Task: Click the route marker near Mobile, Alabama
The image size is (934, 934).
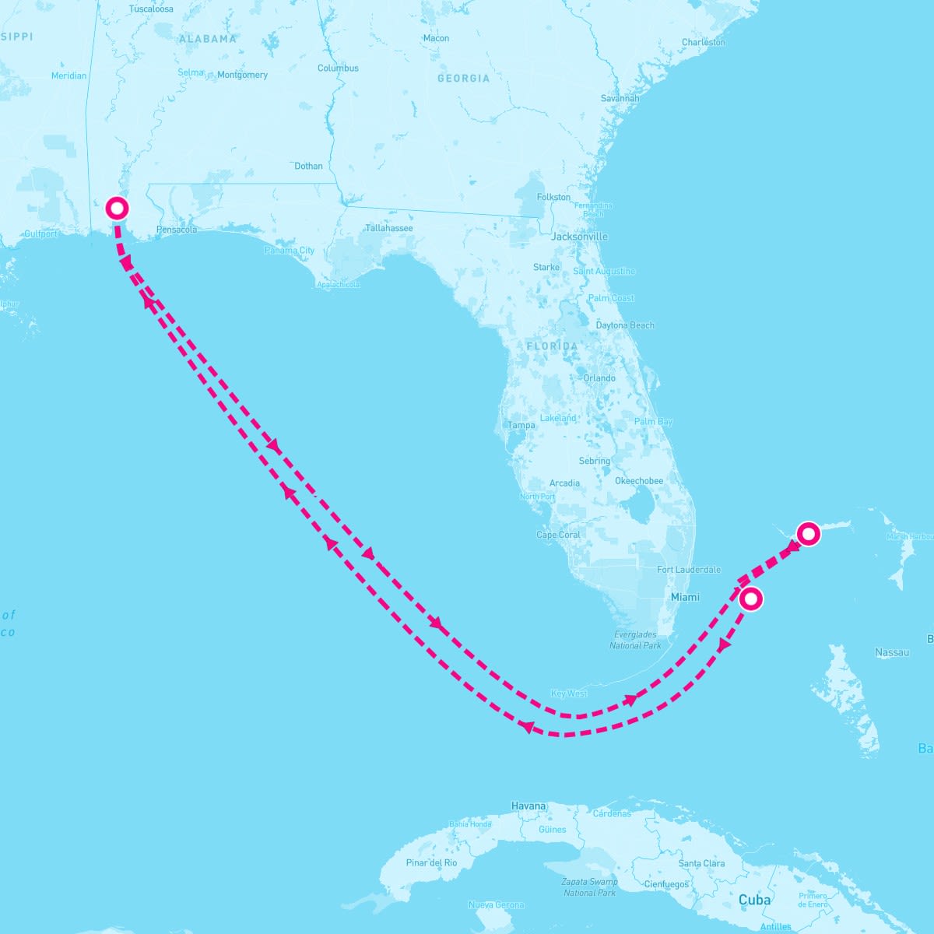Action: pos(117,208)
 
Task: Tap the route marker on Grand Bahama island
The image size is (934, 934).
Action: pos(809,534)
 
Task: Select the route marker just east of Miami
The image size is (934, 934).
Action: pos(750,599)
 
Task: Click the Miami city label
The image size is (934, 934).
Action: pos(685,597)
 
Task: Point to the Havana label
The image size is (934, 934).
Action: pos(528,806)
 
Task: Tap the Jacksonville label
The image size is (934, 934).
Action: pos(579,236)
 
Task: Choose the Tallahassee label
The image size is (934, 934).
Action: pos(389,228)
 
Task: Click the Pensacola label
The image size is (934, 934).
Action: pos(177,230)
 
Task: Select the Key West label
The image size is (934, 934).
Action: pos(569,693)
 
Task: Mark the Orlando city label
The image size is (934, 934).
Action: pos(599,378)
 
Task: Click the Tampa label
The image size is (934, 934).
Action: pos(521,425)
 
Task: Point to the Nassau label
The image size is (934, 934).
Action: pos(892,652)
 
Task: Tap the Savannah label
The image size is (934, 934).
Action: pos(620,99)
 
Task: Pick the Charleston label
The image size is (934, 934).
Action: pos(703,42)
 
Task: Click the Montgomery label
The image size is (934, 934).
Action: pos(242,75)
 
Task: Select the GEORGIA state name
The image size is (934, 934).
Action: pos(463,78)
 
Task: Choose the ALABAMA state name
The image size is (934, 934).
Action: pos(207,38)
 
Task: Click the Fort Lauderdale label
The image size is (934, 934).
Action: pos(689,570)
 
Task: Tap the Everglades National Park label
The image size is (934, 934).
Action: pos(636,640)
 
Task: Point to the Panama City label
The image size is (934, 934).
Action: pos(289,251)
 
